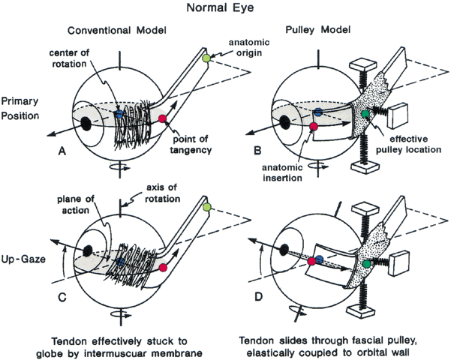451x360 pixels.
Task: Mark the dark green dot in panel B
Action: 365,114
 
